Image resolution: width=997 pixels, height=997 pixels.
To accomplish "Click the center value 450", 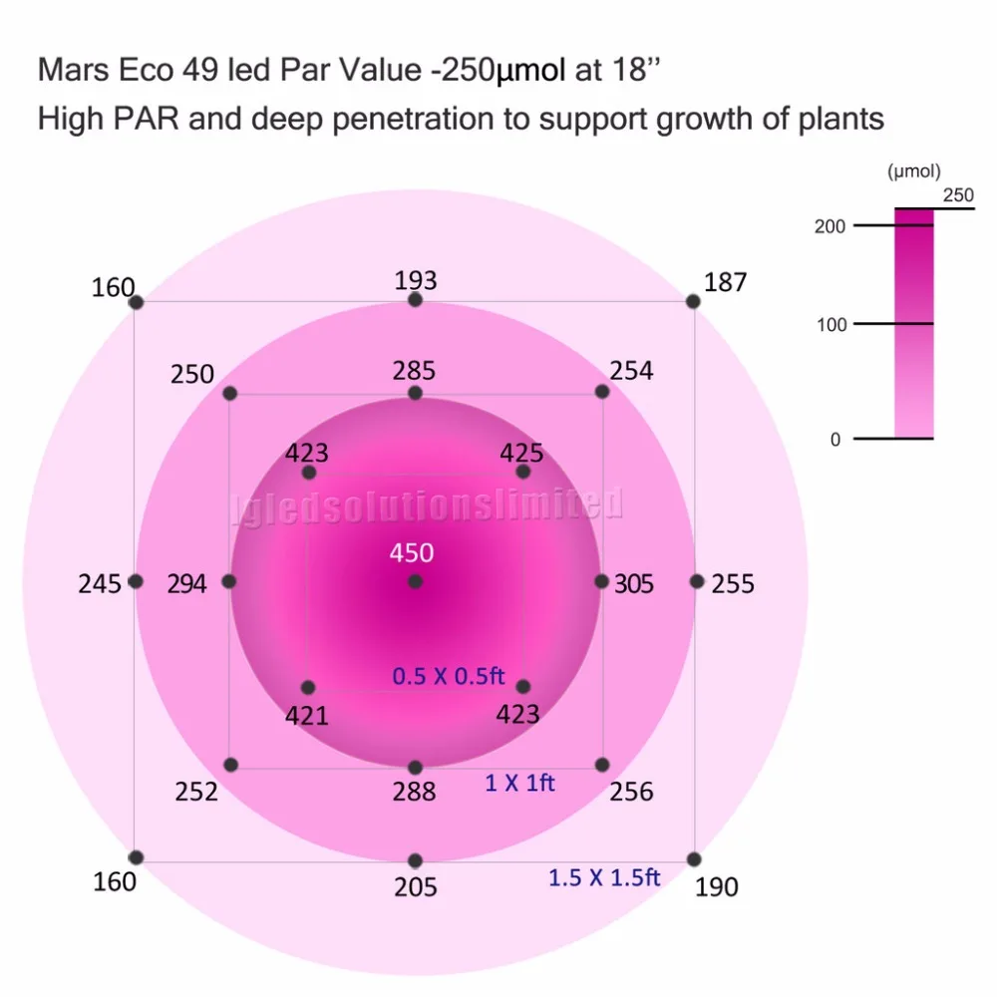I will click(412, 553).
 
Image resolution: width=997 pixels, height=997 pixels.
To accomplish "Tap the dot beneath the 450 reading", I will click(415, 581).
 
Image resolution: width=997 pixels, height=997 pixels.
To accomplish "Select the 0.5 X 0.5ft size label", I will click(449, 676).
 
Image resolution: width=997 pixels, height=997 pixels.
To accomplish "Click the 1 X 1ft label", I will click(519, 783).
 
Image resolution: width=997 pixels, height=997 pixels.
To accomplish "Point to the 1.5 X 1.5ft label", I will click(604, 877).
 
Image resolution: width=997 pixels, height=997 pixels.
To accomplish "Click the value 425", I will click(521, 454).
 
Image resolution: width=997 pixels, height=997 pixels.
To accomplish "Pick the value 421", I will click(307, 715).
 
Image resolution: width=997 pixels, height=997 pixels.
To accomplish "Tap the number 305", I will click(633, 584).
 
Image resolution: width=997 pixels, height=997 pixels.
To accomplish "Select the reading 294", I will click(186, 584).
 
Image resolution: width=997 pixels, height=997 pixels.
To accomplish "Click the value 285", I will click(414, 371).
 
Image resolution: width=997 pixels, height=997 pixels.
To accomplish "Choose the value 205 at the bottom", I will click(415, 886).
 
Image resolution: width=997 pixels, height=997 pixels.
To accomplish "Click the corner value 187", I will click(725, 283).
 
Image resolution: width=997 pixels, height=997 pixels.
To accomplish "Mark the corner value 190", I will click(716, 886).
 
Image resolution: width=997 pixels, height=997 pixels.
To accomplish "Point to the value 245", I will click(99, 584).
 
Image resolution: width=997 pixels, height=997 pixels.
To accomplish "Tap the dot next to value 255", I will click(696, 581).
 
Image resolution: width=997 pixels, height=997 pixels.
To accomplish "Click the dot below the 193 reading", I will click(415, 300).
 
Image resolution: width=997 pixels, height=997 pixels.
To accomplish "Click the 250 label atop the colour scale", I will click(957, 195).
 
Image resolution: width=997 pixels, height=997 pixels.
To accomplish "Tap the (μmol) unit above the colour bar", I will click(914, 172).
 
